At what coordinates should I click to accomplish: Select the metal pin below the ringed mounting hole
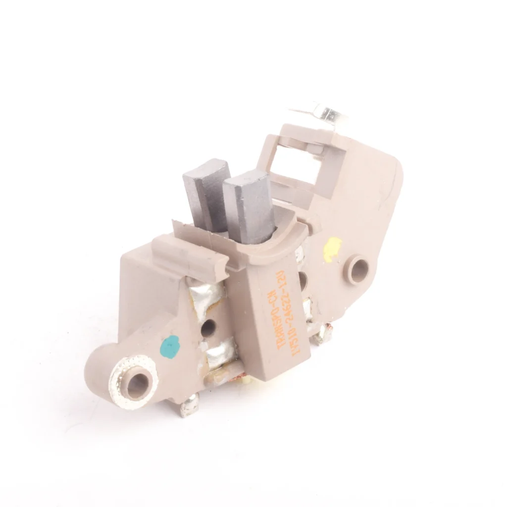pos(189,407)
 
